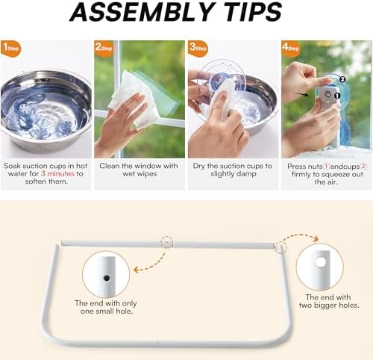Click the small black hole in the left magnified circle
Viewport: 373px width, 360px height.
(x=107, y=276)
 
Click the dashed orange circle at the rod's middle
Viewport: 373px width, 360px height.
(x=166, y=243)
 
